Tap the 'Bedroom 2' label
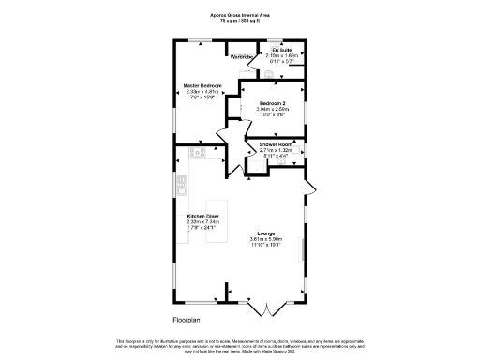pyautogui.click(x=274, y=102)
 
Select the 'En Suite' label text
pyautogui.click(x=282, y=50)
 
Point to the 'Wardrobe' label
pyautogui.click(x=243, y=57)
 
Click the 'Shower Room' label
pyautogui.click(x=276, y=144)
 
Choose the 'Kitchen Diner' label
pyautogui.click(x=202, y=215)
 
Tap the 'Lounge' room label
pyautogui.click(x=265, y=232)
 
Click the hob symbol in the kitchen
pyautogui.click(x=197, y=152)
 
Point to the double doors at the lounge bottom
pyautogui.click(x=266, y=307)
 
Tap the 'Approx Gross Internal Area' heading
pyautogui.click(x=240, y=15)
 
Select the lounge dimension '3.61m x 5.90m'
pyautogui.click(x=265, y=239)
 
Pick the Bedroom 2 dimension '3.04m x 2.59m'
pyautogui.click(x=274, y=109)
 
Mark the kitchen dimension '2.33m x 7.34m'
pyautogui.click(x=202, y=221)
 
